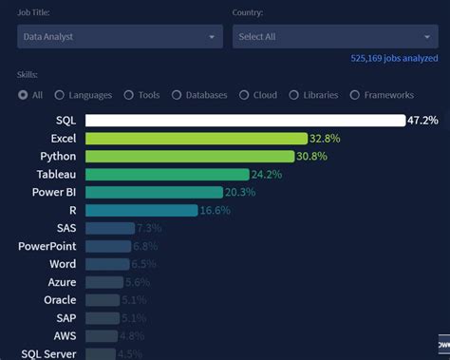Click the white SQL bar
click(245, 121)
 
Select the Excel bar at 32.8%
click(190, 139)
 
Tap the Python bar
click(185, 157)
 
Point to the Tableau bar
click(167, 175)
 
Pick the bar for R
click(141, 211)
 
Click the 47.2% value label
click(422, 121)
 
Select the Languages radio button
click(60, 95)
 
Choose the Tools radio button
click(128, 95)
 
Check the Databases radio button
click(177, 95)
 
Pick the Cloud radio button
click(244, 95)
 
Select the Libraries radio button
click(294, 95)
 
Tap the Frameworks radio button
click(355, 95)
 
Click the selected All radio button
click(23, 95)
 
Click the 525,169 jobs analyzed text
click(394, 58)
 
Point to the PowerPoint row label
click(47, 246)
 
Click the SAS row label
click(66, 228)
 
